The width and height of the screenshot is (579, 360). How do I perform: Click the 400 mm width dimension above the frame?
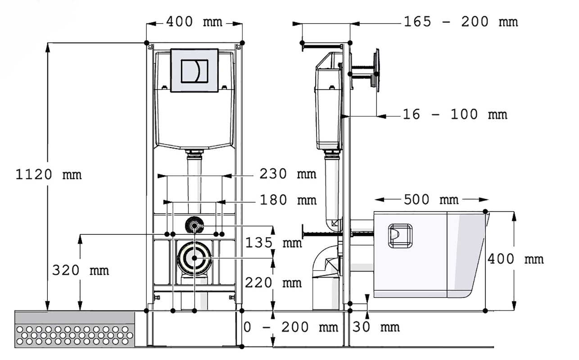(194, 22)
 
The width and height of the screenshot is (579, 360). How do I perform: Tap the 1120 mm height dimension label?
(49, 175)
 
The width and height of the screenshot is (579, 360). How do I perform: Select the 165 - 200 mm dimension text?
(461, 22)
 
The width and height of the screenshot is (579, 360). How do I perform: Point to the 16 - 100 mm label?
(455, 114)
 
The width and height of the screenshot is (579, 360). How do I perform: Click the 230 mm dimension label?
(288, 174)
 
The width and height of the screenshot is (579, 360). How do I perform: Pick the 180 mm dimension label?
(288, 200)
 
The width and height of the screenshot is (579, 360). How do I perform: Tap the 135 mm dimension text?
(273, 243)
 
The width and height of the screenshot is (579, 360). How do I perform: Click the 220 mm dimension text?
(273, 283)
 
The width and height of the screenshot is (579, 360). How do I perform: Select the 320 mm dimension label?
(81, 270)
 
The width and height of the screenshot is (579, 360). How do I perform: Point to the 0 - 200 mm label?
(291, 327)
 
